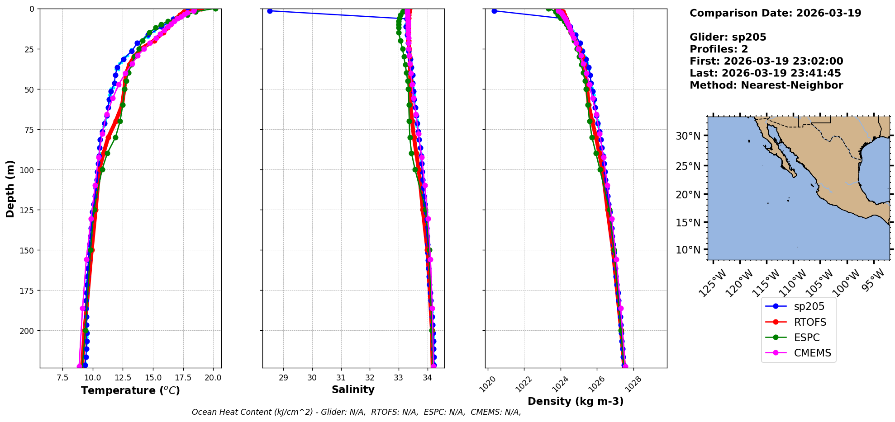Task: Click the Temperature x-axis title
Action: tap(130, 390)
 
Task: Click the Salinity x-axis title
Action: tap(353, 389)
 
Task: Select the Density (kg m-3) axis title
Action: tap(576, 401)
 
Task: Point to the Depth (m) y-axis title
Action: tap(10, 188)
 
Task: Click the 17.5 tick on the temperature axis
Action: tap(183, 377)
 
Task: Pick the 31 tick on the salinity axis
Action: tap(341, 377)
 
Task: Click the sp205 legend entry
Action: tap(809, 306)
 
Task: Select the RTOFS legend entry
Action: tap(810, 322)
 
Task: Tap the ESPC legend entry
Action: tap(807, 338)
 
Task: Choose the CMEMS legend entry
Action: tap(812, 353)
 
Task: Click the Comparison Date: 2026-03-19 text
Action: tap(775, 13)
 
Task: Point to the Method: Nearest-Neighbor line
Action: tap(766, 85)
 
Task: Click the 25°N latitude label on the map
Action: tap(688, 166)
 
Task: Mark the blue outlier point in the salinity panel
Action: tap(270, 11)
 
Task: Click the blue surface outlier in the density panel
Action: tap(494, 11)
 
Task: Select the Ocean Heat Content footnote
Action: tap(356, 412)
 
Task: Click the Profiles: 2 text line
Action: tap(719, 49)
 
